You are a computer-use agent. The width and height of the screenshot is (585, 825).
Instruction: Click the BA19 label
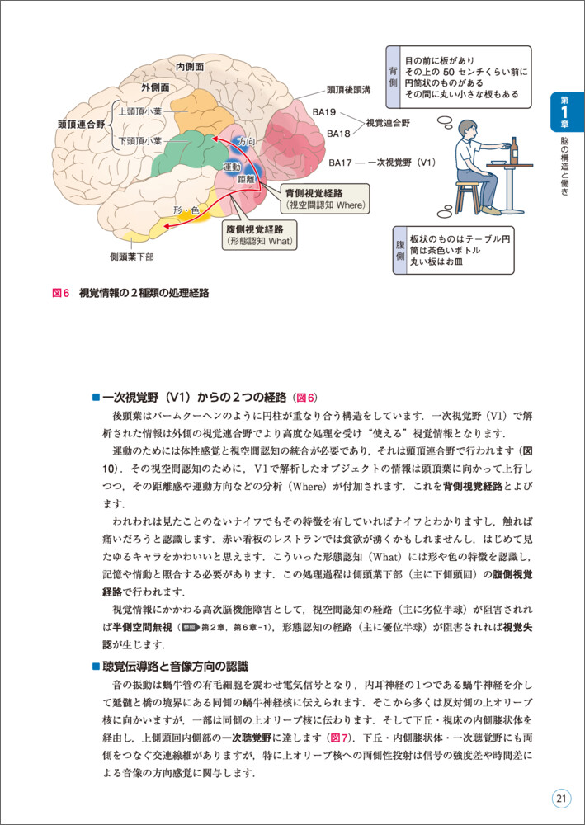[324, 112]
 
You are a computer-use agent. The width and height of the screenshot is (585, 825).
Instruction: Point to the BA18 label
[339, 132]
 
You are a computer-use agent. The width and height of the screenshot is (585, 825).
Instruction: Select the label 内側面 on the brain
[191, 65]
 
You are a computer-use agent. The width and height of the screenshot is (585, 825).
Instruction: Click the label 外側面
[154, 87]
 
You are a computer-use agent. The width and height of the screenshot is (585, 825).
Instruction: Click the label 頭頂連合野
[81, 125]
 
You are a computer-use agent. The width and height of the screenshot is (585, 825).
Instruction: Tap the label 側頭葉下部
[131, 257]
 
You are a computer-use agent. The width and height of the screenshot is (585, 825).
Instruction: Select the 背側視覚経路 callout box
[325, 196]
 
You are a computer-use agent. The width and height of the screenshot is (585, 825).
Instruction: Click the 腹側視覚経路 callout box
[260, 234]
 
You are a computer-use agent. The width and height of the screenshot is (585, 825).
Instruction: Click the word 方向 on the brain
[246, 140]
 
